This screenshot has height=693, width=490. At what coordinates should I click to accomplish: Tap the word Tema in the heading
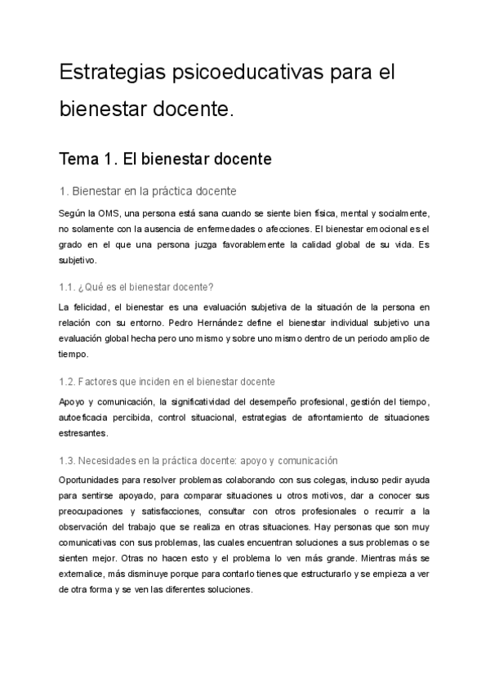coord(85,158)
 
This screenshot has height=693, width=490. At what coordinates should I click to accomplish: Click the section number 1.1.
coord(69,287)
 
